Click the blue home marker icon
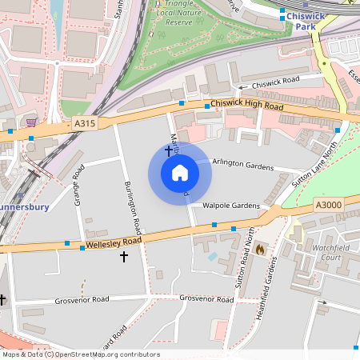click(179, 173)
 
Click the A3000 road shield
click(329, 205)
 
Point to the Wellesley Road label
click(114, 241)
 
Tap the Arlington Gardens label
click(242, 165)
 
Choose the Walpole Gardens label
click(231, 206)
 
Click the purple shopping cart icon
click(31, 122)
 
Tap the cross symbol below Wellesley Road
click(123, 256)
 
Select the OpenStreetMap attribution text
click(80, 354)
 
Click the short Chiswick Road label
click(275, 80)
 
